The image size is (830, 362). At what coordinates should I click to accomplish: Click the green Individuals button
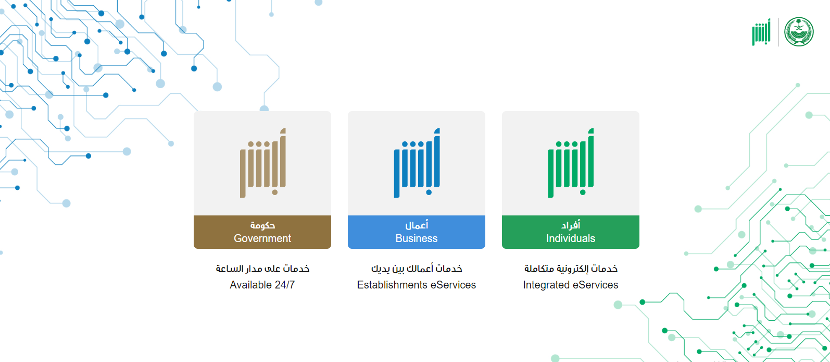tap(570, 232)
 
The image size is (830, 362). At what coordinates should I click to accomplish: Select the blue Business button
tap(416, 232)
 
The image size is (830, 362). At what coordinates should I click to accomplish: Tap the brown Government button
tap(262, 232)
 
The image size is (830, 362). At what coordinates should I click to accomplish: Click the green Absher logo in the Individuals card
tap(571, 163)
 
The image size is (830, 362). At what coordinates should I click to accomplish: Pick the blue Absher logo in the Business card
tap(417, 163)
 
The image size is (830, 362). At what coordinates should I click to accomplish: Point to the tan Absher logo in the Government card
tap(262, 163)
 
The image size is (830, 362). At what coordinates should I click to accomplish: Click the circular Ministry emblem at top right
tap(799, 32)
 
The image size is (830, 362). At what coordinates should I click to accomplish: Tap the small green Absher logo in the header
tap(761, 32)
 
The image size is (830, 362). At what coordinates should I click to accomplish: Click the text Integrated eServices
tap(571, 285)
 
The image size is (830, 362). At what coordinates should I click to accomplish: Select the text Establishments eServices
tap(417, 285)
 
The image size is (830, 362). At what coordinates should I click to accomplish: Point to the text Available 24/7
tap(262, 285)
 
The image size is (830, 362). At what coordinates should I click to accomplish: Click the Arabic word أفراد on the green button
tap(571, 225)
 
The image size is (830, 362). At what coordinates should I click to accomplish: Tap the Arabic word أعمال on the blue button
tap(417, 225)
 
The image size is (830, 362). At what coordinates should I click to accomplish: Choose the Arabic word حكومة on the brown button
tap(262, 225)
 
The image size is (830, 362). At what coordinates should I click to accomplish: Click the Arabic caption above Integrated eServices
tap(571, 269)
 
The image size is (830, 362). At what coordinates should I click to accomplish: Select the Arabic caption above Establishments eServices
tap(417, 269)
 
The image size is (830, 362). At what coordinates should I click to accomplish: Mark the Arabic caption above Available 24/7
tap(262, 269)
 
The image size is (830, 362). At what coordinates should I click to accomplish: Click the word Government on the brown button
tap(262, 238)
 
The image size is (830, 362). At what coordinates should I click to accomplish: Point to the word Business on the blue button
tap(417, 238)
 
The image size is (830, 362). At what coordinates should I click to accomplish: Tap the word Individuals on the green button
tap(571, 238)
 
